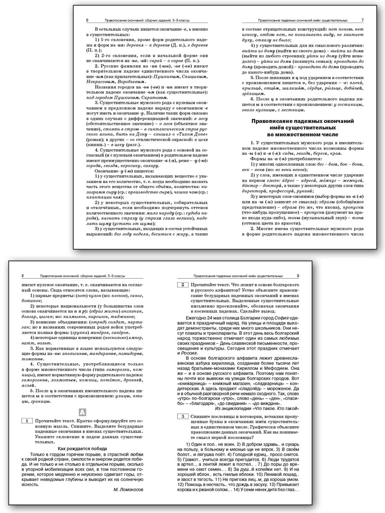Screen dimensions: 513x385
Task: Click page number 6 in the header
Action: coord(87,20)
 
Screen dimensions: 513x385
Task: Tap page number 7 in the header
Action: coord(362,20)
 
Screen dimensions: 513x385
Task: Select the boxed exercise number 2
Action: coord(182,285)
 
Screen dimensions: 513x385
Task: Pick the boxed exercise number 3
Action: coord(182,416)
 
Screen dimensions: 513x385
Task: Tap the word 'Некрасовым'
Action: coord(100,82)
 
